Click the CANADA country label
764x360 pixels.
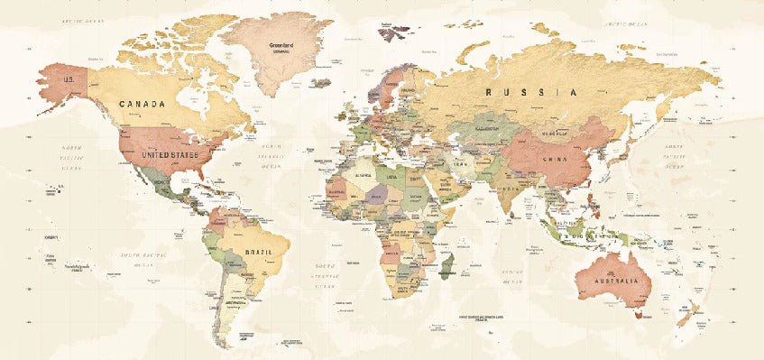pos(143,104)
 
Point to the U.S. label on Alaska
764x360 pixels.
pos(68,79)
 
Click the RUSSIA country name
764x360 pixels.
pos(531,92)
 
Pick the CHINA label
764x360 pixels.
pos(554,159)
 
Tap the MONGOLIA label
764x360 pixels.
pos(554,135)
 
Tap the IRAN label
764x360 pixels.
pos(459,165)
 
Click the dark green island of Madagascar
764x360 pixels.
pos(446,265)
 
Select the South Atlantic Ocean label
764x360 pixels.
pos(327,272)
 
